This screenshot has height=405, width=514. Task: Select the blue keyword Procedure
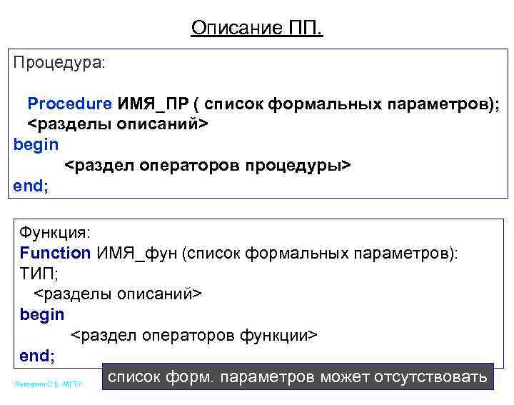[69, 104]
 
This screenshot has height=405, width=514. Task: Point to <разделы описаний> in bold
[117, 124]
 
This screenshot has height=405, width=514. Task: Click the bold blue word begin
[36, 144]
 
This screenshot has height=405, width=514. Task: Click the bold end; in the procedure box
[31, 186]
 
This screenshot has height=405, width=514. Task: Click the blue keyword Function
[55, 252]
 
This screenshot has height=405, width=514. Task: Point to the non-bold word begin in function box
[41, 314]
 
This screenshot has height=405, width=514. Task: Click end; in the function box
[37, 355]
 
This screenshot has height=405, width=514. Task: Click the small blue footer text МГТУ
[73, 385]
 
